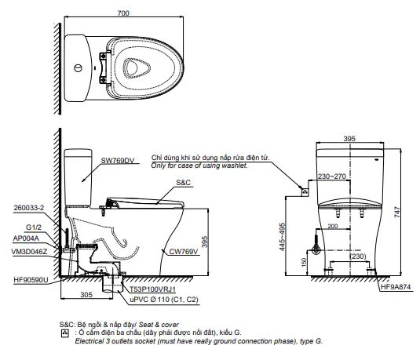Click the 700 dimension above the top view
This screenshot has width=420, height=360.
point(123,13)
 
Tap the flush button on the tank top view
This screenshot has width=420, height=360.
point(78,68)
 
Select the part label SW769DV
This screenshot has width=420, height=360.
point(118,161)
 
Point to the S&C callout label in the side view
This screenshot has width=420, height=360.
point(183,183)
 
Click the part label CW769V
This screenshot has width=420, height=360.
point(184,251)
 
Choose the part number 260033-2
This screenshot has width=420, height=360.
point(29,208)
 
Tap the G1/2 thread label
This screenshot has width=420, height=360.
point(34,227)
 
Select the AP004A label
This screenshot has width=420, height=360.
point(26,238)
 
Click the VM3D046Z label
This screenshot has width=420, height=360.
point(29,252)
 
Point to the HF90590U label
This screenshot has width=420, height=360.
point(31,280)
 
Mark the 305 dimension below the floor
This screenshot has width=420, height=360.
point(86,295)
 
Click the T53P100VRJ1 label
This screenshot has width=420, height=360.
point(152,289)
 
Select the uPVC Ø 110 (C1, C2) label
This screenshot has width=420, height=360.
point(164,300)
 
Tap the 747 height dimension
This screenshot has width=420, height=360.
point(397,212)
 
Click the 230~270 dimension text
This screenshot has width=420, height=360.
point(332,176)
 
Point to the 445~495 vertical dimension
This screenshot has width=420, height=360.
point(282,237)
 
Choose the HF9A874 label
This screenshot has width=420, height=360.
point(396,287)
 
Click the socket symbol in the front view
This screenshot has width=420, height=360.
point(305,192)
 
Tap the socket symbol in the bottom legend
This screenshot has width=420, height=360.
point(65,333)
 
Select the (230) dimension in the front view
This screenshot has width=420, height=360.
point(358,256)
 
